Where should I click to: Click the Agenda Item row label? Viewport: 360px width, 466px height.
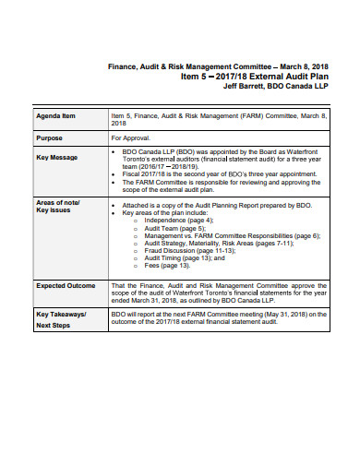pos(56,117)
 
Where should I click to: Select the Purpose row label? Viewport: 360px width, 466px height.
pos(50,137)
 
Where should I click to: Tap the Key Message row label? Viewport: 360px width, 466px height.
pos(57,157)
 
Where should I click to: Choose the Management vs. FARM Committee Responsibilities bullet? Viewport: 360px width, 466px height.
pos(232,236)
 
